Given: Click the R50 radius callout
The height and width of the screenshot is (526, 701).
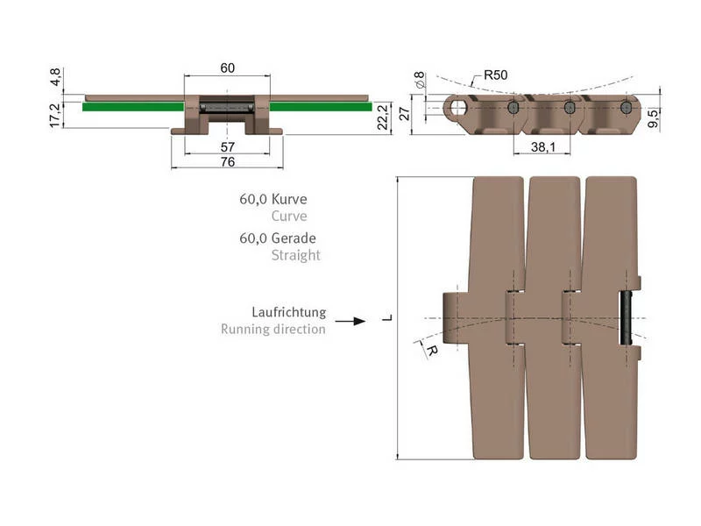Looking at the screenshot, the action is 495,75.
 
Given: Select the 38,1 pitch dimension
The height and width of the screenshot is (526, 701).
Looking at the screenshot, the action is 542,146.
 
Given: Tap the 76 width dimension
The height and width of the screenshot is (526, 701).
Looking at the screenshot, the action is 228,161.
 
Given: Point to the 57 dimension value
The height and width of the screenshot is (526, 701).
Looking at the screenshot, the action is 228,146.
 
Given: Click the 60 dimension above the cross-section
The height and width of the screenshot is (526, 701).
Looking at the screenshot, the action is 228,68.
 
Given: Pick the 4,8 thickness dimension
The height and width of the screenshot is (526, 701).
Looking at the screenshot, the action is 55,77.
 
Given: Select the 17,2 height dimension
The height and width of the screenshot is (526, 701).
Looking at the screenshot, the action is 55,115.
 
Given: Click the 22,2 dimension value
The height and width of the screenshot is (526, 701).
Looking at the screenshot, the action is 383,117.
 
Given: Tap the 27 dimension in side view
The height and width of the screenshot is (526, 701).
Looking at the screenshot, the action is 405,114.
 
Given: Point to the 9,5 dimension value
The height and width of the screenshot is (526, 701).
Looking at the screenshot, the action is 653,118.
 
